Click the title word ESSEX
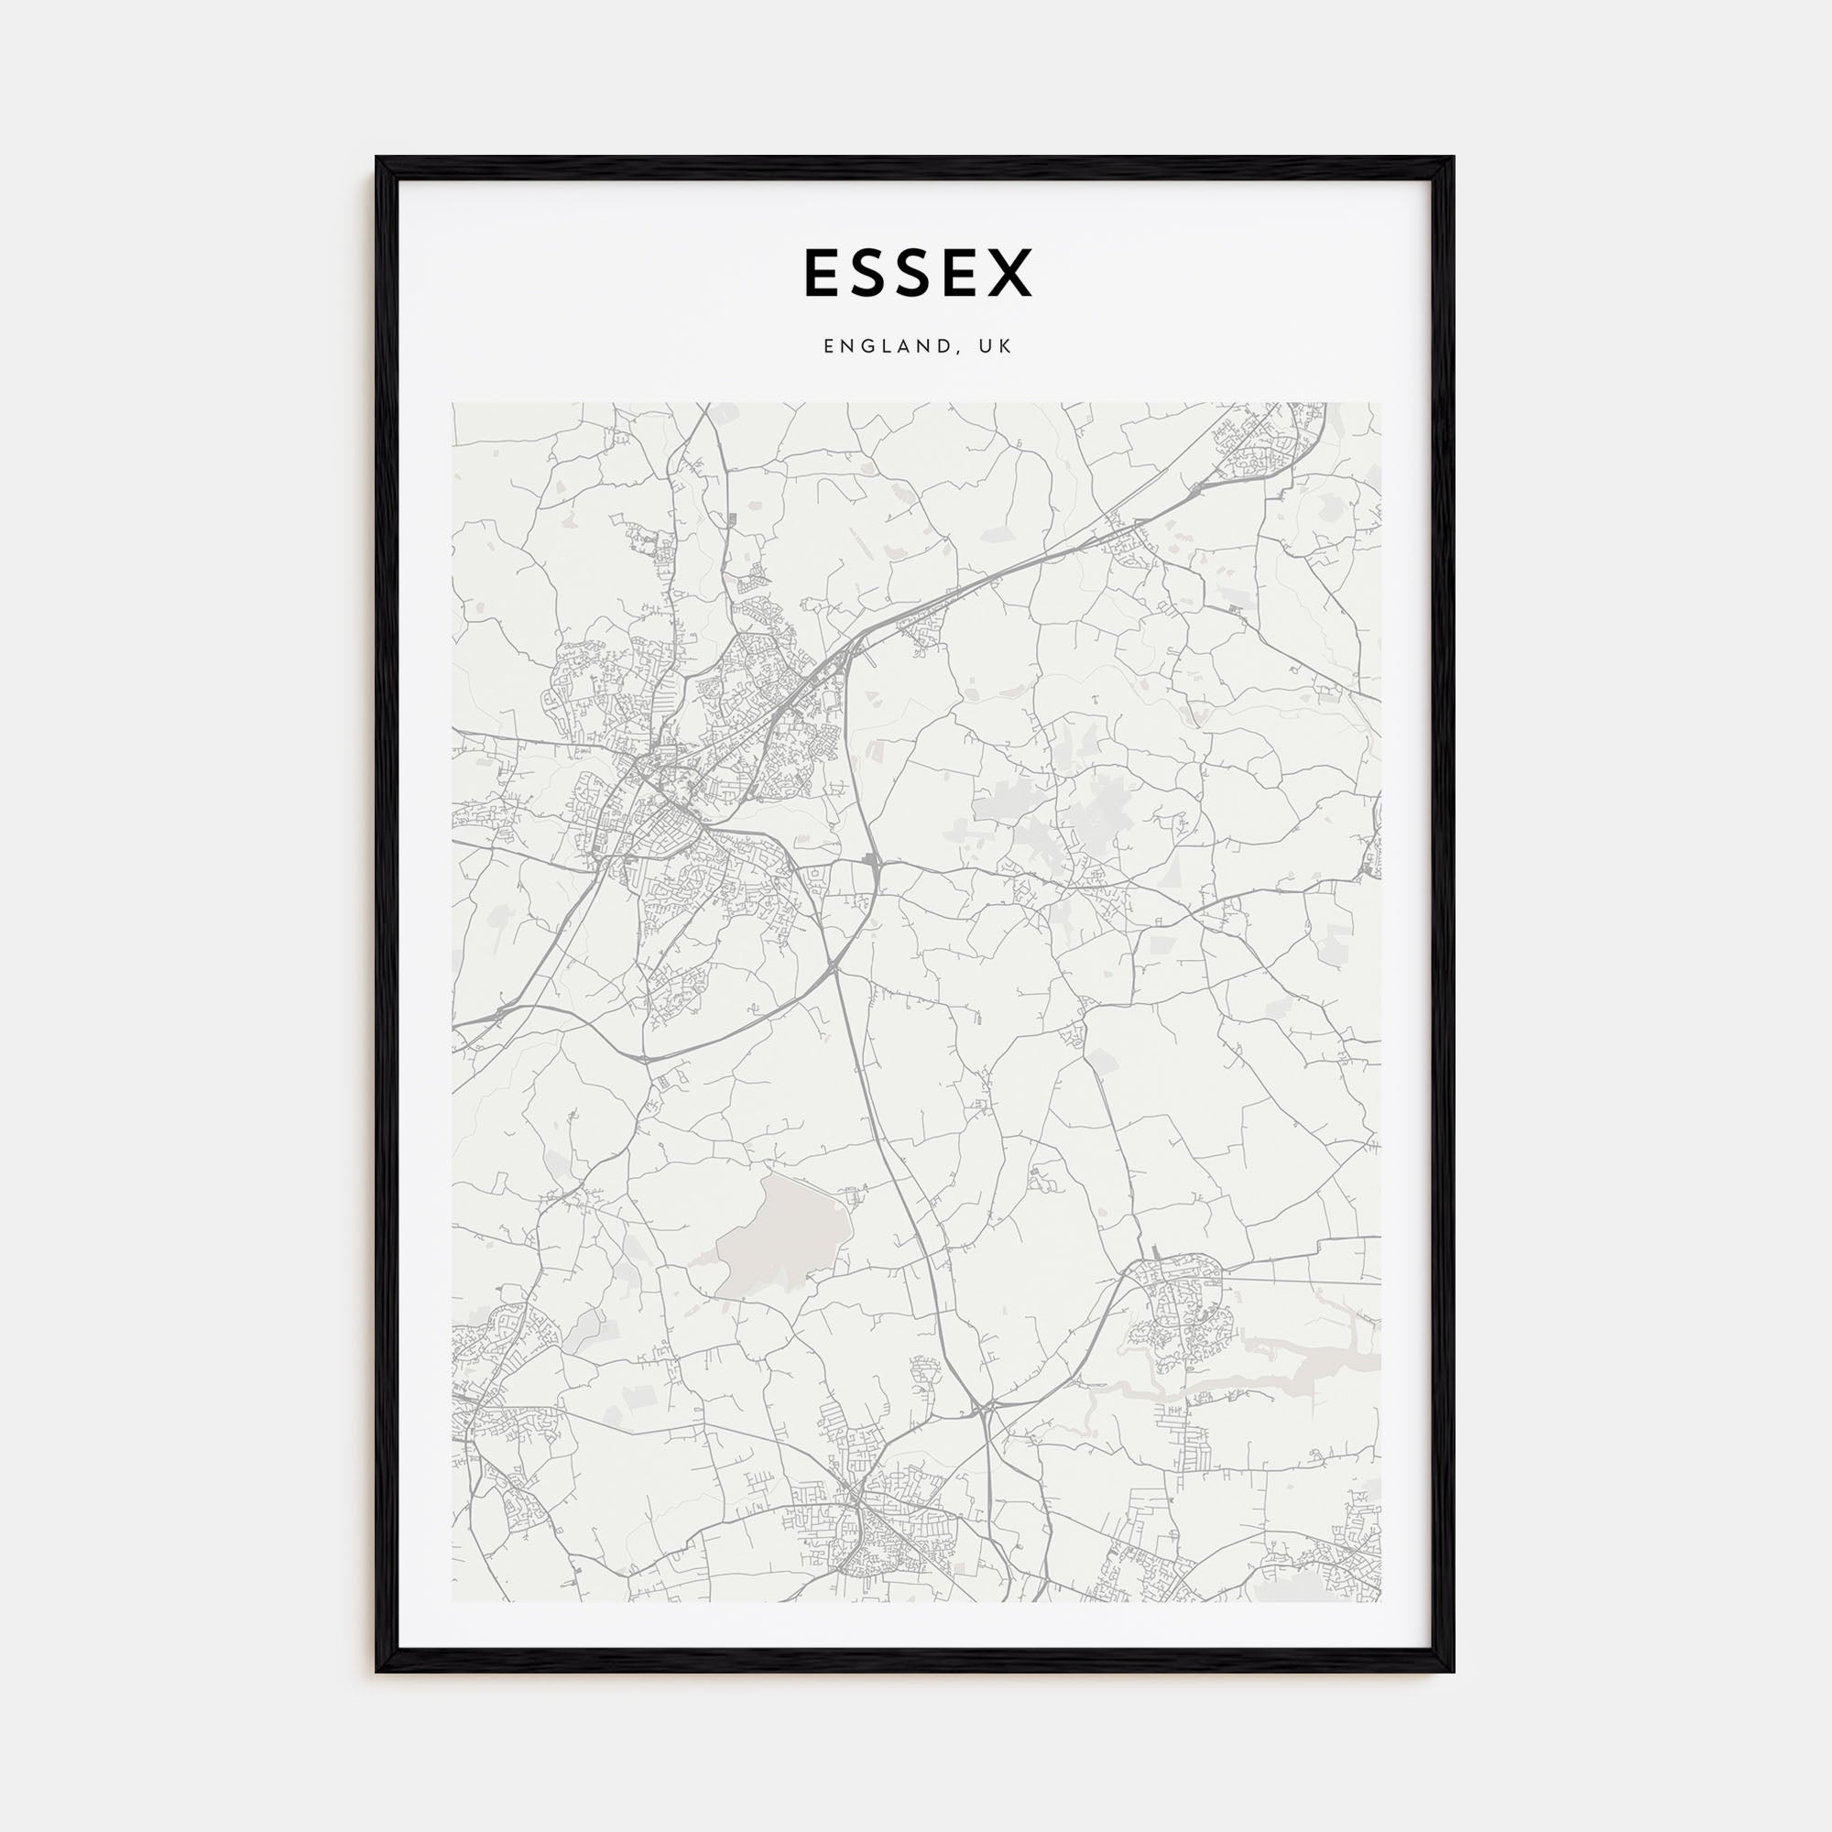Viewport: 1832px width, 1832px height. coord(917,273)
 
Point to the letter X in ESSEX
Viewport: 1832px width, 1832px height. coord(1008,273)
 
